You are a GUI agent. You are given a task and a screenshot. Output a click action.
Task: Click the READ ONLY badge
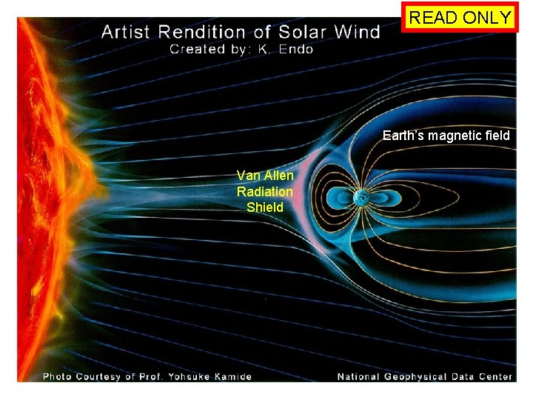point(460,18)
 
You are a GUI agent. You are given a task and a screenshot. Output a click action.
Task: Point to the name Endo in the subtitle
point(296,50)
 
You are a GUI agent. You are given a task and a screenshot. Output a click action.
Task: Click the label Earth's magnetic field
point(446,136)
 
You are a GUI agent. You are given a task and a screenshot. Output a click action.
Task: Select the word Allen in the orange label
point(278,176)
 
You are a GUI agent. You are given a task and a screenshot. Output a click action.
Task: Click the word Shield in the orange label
point(265,207)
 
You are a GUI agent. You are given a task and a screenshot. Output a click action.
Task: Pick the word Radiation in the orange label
point(265,191)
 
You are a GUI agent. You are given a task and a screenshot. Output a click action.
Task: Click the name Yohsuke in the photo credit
point(184,376)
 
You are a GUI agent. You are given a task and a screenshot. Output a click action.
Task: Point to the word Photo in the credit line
point(58,376)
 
